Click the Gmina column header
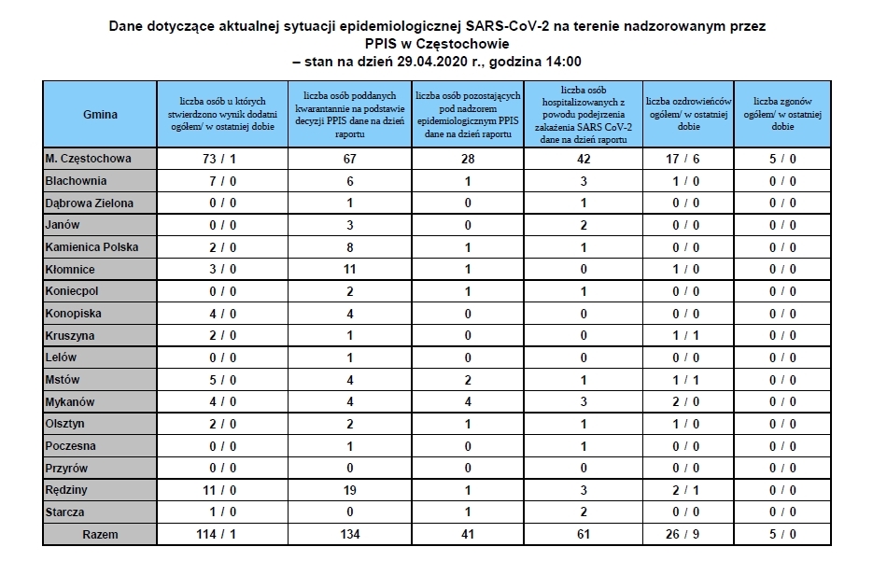click(100, 114)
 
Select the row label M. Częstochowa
click(89, 159)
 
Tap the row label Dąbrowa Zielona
click(90, 203)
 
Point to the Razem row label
click(100, 535)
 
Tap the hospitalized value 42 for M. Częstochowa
click(583, 159)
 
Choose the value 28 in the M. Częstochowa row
click(467, 159)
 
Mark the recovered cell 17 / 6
click(689, 159)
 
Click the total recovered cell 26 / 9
click(689, 535)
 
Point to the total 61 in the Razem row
click(583, 535)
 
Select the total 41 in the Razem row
click(467, 535)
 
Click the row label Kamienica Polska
click(92, 247)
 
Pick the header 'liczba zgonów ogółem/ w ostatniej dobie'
click(782, 113)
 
